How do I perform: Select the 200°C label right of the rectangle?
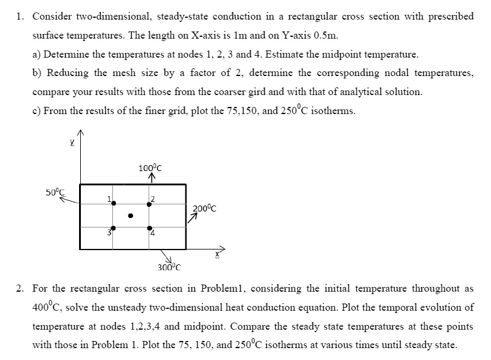204,208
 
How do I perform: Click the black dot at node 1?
114,204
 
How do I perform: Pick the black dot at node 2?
149,204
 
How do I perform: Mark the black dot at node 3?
114,228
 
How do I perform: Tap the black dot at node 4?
149,228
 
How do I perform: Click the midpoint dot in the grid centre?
131,215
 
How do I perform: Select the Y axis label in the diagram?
71,142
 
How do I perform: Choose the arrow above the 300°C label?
168,257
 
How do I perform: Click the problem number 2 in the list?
20,289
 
